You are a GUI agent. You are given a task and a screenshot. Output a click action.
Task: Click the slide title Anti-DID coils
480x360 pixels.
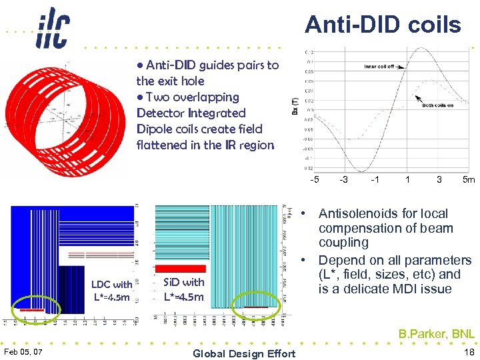383,25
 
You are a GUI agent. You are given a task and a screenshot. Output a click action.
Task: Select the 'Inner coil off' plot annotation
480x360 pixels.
379,67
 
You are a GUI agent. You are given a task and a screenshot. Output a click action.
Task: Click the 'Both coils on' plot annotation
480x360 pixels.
438,105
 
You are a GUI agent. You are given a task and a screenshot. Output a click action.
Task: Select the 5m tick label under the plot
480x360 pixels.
469,179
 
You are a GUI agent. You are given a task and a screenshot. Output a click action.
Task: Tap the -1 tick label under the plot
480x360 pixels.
376,179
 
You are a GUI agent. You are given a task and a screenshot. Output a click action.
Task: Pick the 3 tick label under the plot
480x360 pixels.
439,179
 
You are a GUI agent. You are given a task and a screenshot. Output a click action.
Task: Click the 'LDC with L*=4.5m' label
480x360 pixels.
111,291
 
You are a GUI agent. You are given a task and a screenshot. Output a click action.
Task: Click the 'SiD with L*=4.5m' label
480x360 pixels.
184,289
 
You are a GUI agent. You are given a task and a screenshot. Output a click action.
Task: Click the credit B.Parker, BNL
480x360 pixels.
437,334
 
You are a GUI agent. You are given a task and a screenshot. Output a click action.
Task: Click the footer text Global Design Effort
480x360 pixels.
243,353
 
